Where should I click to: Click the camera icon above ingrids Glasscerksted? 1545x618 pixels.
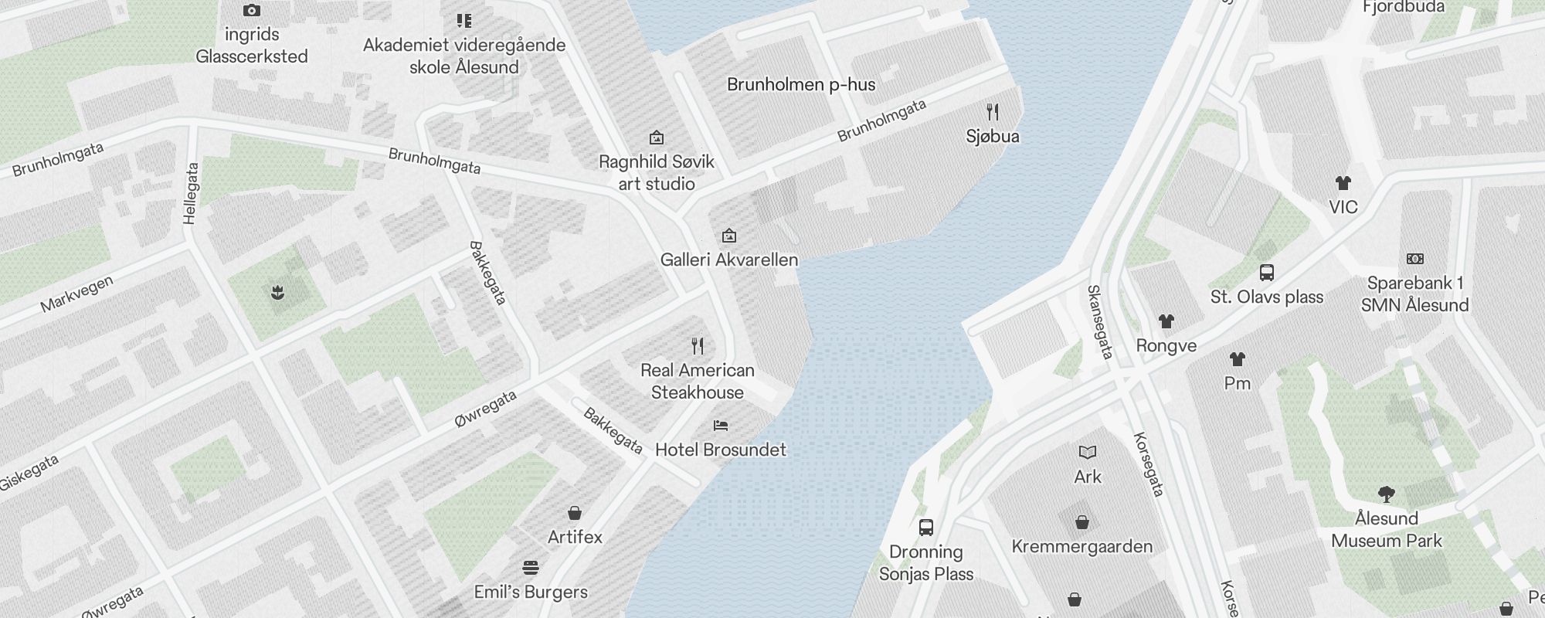(x=251, y=11)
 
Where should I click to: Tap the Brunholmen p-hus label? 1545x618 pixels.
(x=801, y=84)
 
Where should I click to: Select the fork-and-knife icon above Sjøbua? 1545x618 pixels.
(x=993, y=112)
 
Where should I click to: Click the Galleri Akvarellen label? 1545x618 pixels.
(x=729, y=260)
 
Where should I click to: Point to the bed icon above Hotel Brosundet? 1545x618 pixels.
(x=721, y=425)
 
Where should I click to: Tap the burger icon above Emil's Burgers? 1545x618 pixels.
(x=531, y=568)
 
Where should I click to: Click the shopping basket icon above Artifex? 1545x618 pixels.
(x=575, y=512)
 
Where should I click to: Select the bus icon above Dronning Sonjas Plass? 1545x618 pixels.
(x=925, y=528)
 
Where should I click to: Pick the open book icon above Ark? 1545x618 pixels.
(x=1087, y=452)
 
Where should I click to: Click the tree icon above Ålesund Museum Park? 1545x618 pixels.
(x=1386, y=494)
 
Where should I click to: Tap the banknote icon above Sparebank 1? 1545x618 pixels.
(x=1414, y=259)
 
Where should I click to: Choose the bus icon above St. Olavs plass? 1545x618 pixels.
(x=1267, y=272)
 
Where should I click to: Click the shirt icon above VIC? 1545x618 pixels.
(x=1343, y=183)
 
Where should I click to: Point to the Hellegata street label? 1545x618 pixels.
(x=191, y=193)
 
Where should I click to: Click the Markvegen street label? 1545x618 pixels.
(x=76, y=294)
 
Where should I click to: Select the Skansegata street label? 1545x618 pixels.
(x=1100, y=321)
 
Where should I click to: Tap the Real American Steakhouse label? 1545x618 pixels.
(x=698, y=381)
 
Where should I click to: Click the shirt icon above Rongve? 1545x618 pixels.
(x=1166, y=321)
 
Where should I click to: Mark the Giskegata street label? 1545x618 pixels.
(x=29, y=472)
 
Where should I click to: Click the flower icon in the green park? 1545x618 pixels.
(x=278, y=292)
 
